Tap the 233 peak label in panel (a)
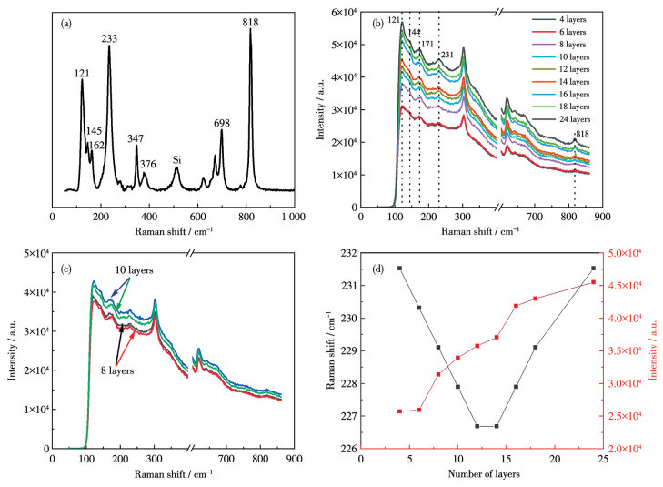(x=109, y=38)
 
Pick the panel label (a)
(x=66, y=23)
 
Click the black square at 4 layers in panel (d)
(x=399, y=268)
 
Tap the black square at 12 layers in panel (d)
(x=477, y=426)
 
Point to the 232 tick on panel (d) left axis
(x=348, y=252)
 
